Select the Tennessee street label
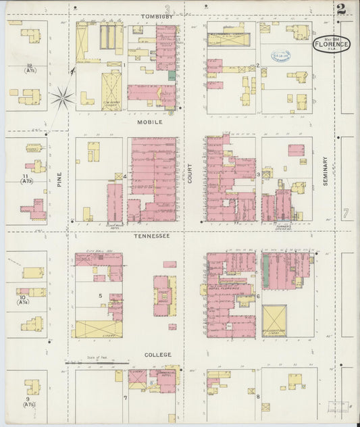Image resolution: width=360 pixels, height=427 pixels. [153, 236]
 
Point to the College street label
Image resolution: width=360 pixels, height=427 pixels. [157, 354]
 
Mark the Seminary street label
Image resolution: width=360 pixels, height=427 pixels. [325, 172]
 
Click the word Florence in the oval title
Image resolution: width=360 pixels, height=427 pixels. [331, 45]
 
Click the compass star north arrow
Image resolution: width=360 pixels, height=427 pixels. [62, 99]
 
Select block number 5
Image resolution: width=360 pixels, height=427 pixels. [100, 295]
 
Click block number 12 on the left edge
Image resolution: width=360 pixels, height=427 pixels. [29, 65]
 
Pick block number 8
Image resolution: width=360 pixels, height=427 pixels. [258, 396]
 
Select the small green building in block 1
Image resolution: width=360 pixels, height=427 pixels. [172, 76]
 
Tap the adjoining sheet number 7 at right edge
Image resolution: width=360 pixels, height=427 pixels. [345, 214]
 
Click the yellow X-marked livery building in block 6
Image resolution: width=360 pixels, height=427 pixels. [274, 321]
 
